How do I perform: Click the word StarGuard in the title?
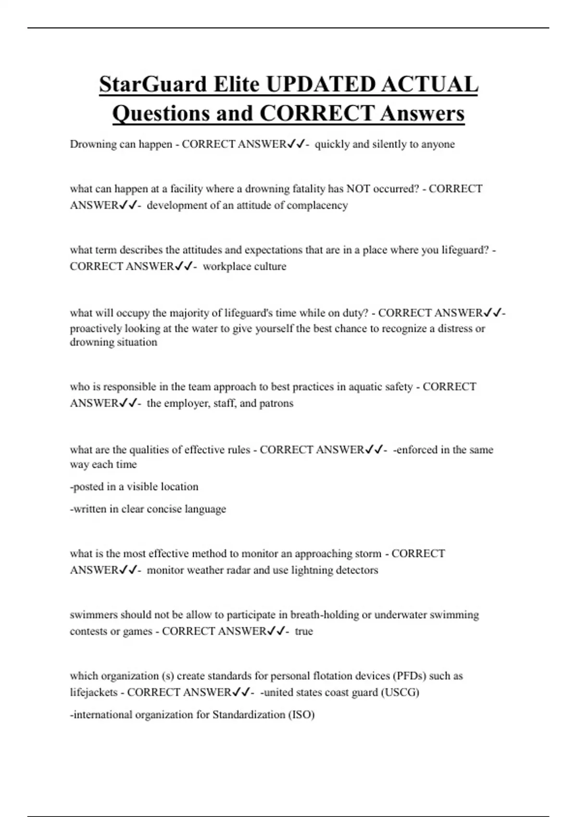coord(153,85)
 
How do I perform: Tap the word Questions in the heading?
coord(160,114)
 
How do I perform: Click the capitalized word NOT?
coord(358,189)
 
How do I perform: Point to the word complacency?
coord(317,205)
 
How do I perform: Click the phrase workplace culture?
coord(244,266)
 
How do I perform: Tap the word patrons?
coord(276,403)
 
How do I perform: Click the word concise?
coord(168,509)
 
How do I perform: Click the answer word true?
coord(304,631)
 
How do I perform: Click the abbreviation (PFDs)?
coord(409,676)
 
